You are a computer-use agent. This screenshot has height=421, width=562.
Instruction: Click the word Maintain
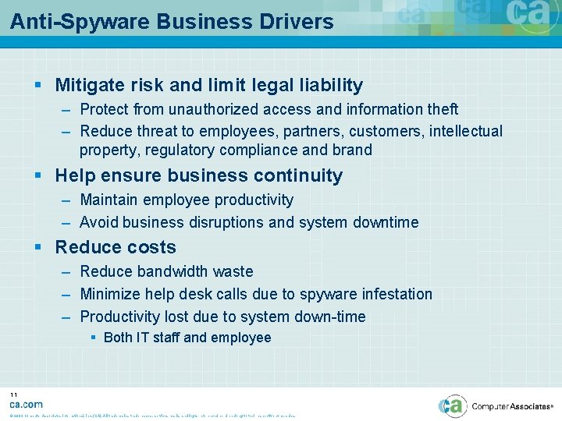pyautogui.click(x=109, y=200)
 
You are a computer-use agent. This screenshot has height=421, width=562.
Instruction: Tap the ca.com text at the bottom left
pyautogui.click(x=26, y=404)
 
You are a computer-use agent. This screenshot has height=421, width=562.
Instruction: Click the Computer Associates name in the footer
pyautogui.click(x=511, y=406)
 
